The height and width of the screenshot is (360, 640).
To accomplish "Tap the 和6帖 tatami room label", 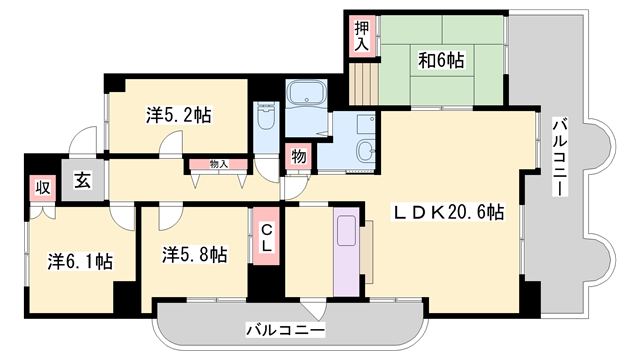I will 440,60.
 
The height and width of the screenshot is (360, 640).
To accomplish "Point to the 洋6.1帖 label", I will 80,261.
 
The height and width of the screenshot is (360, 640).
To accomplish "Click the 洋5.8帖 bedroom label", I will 195,254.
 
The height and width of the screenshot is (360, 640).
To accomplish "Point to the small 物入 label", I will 217,164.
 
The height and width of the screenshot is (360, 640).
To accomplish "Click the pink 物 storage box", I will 298,156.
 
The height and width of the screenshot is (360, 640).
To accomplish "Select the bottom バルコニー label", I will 285,328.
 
